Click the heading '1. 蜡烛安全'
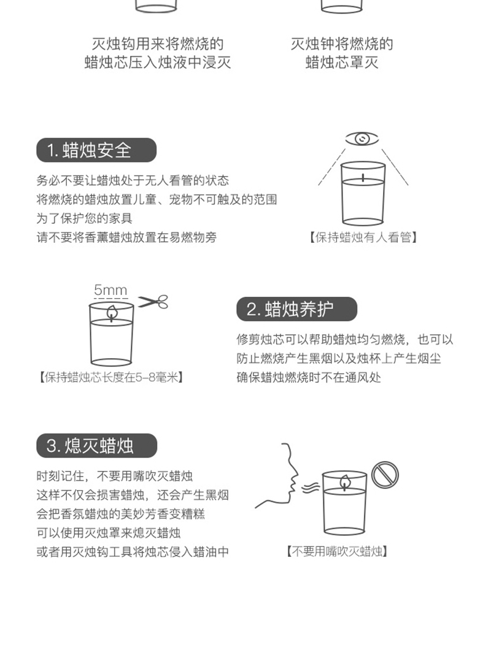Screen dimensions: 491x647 pos(96,150)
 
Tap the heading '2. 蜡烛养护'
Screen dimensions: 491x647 pos(296,309)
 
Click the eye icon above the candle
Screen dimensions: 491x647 pos(362,139)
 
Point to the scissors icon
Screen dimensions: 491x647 pos(153,302)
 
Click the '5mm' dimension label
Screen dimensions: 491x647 pos(111,290)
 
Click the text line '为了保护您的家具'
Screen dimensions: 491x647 pos(84,218)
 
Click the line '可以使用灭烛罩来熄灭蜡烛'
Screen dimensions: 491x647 pos(109,533)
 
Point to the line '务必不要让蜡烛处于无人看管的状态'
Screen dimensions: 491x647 pos(133,181)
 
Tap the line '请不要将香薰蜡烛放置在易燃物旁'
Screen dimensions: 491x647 pos(126,237)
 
